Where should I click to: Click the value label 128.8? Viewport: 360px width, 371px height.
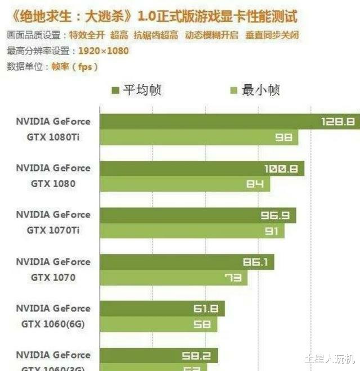[x=337, y=121]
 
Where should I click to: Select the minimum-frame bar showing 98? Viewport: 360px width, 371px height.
[x=199, y=137]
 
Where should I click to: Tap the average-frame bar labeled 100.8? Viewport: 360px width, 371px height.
[x=202, y=168]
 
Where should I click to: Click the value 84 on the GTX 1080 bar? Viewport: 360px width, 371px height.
[x=255, y=184]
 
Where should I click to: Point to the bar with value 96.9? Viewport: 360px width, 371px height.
[x=198, y=215]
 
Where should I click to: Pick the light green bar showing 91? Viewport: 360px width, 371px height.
[x=192, y=230]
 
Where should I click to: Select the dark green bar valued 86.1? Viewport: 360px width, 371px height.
[x=187, y=262]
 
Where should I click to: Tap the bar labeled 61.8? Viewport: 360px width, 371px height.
[x=163, y=309]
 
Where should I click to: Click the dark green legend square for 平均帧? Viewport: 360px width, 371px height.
[x=115, y=91]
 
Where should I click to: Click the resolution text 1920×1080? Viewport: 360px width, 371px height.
[x=103, y=51]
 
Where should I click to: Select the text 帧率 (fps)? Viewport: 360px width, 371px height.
[x=74, y=66]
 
